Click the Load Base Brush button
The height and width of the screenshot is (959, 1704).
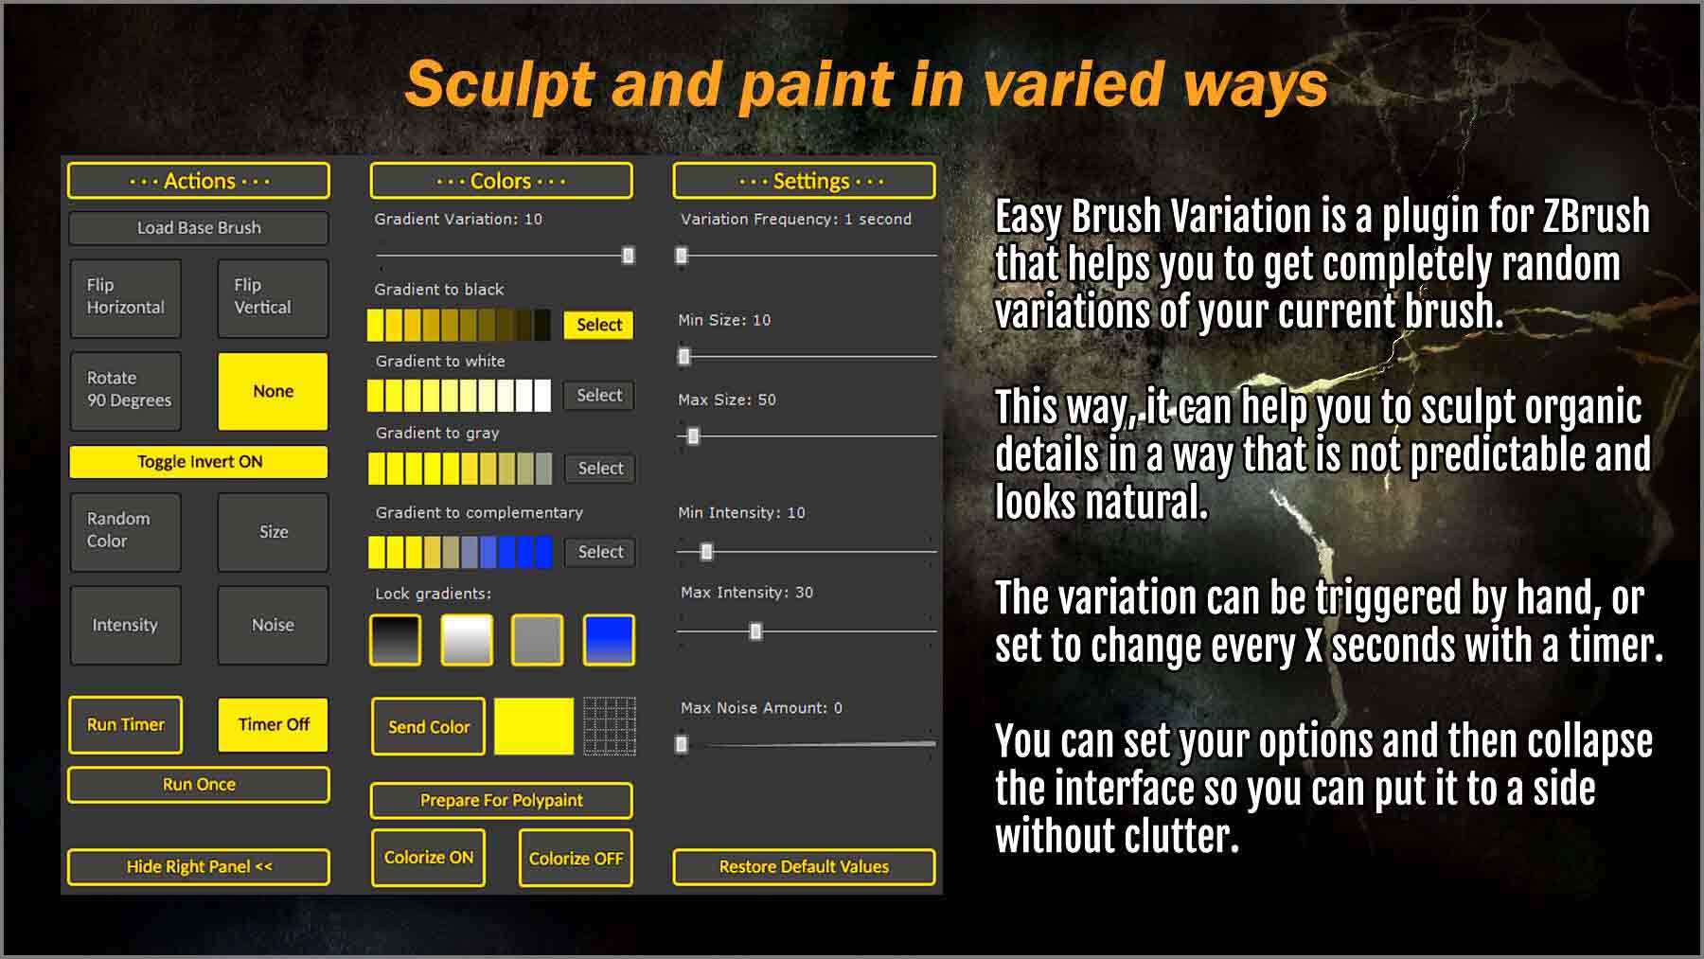(x=199, y=228)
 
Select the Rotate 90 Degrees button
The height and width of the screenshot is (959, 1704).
(x=126, y=391)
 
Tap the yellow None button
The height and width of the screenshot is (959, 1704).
(x=273, y=391)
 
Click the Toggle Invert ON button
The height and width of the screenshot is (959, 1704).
(x=199, y=462)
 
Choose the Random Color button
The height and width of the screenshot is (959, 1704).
(x=126, y=531)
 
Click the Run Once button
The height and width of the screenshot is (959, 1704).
(x=199, y=785)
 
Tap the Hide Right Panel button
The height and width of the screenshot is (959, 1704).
(x=199, y=866)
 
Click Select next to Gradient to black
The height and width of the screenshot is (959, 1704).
(x=599, y=325)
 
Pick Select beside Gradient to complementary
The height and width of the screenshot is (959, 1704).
(x=600, y=552)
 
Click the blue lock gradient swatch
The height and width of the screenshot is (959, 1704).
(x=609, y=640)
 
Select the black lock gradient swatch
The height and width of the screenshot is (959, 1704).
(x=395, y=640)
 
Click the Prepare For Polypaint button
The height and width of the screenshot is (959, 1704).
(x=501, y=801)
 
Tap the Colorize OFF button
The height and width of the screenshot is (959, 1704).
(x=576, y=859)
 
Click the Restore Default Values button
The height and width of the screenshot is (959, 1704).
(x=804, y=866)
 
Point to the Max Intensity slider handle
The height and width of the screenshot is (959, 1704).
(x=755, y=631)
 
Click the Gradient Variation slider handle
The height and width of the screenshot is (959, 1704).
(x=628, y=256)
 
